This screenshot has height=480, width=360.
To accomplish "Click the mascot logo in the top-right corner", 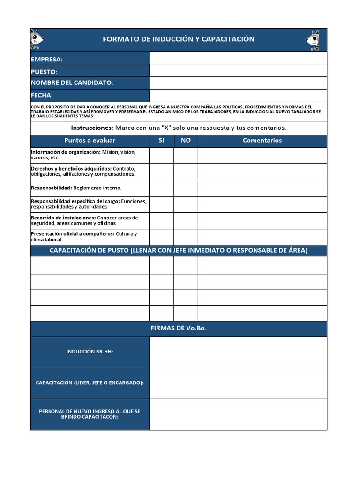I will click(313, 40).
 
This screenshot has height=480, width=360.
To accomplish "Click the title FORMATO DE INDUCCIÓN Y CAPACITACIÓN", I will click(179, 39).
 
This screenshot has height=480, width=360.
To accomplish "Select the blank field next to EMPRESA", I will click(238, 58).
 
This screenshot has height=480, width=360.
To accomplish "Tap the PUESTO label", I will click(44, 72).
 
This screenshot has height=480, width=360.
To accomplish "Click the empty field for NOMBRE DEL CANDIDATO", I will click(238, 83).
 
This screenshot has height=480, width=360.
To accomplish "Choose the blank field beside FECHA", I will click(238, 96).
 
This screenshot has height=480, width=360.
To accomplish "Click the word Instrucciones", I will click(92, 128).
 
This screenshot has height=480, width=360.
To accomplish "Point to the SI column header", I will click(162, 141).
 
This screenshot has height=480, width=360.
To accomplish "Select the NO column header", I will click(186, 141).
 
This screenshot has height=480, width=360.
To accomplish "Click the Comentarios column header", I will click(262, 141).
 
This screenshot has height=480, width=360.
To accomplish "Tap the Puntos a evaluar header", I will click(90, 141).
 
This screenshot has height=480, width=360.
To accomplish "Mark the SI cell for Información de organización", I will click(162, 155).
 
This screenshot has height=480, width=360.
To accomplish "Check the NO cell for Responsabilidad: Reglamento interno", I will click(186, 188).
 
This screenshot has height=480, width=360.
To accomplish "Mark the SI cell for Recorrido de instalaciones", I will click(162, 221).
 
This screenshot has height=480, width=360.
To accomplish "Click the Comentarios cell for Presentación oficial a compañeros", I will click(262, 237).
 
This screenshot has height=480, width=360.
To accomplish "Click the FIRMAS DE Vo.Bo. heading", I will click(179, 328).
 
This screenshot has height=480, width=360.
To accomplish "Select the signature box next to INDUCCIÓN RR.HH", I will click(238, 352).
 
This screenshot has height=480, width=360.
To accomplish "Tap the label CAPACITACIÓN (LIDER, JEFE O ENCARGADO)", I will click(90, 383).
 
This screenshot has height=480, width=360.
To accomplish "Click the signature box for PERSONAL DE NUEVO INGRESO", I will click(238, 414).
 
